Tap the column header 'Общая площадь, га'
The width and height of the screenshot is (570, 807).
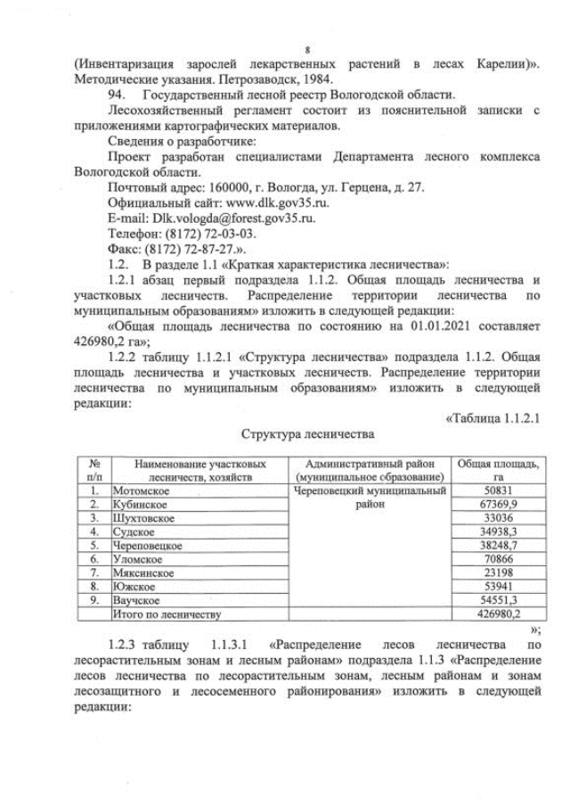(x=498, y=470)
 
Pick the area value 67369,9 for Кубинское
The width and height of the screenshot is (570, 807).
(x=497, y=504)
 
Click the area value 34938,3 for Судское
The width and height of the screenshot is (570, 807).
(x=497, y=531)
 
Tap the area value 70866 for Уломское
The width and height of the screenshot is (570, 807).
(x=497, y=558)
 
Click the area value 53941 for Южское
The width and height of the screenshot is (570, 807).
(x=497, y=586)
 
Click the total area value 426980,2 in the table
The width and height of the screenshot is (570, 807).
(x=497, y=613)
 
